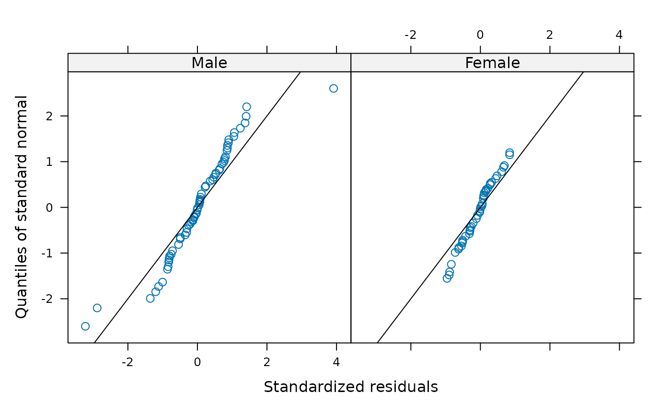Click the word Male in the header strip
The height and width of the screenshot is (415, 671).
click(209, 63)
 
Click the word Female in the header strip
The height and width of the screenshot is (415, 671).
click(492, 63)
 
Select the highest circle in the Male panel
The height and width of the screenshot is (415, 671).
click(334, 88)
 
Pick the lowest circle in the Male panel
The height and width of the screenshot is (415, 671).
click(85, 326)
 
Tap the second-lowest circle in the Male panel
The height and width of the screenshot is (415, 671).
click(97, 308)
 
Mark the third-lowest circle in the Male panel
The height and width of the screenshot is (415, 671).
click(150, 298)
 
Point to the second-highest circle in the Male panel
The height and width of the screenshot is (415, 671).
click(246, 106)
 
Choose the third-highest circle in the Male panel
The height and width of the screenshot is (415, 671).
click(246, 116)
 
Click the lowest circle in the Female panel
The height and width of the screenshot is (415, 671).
click(447, 278)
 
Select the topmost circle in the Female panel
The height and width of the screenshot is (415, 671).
click(509, 152)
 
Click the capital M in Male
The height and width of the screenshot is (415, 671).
click(197, 63)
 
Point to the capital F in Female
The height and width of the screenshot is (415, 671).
click(469, 63)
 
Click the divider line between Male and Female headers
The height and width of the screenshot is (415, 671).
click(351, 63)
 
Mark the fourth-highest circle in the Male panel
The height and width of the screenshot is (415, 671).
click(245, 123)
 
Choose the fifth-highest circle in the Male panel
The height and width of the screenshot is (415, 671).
click(240, 127)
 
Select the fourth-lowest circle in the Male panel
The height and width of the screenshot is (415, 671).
click(155, 291)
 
